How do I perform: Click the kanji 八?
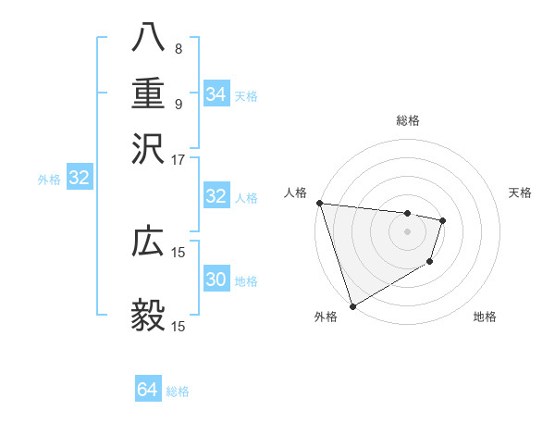pyautogui.click(x=148, y=38)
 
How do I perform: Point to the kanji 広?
pyautogui.click(x=148, y=242)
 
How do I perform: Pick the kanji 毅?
pyautogui.click(x=148, y=316)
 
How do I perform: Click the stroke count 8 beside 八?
pyautogui.click(x=178, y=48)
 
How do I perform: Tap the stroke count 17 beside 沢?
pyautogui.click(x=178, y=158)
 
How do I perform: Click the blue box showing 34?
pyautogui.click(x=216, y=93)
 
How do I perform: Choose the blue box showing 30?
pyautogui.click(x=216, y=280)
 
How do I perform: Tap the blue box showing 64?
pyautogui.click(x=147, y=390)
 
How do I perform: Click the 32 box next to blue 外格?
pyautogui.click(x=79, y=179)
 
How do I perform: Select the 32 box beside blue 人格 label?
pyautogui.click(x=216, y=196)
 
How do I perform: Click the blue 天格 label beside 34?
pyautogui.click(x=246, y=95)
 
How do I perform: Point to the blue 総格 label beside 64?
pyautogui.click(x=178, y=391)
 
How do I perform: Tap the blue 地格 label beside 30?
pyautogui.click(x=246, y=281)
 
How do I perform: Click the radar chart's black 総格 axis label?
pyautogui.click(x=408, y=120)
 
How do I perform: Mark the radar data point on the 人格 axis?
pyautogui.click(x=319, y=204)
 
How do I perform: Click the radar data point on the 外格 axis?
pyautogui.click(x=352, y=305)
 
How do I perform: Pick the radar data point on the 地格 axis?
pyautogui.click(x=430, y=263)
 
